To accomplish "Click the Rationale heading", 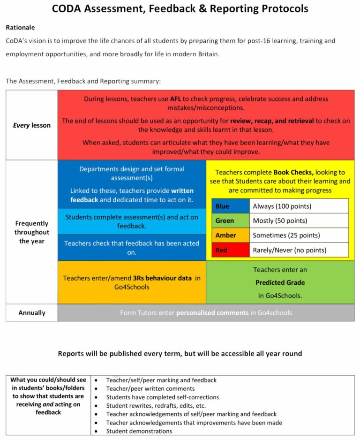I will pos(20,28).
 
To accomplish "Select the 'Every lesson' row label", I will pos(31,125).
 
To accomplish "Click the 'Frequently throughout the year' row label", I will pos(31,232).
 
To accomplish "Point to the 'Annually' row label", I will pos(31,313).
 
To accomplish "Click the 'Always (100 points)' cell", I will pos(299,206).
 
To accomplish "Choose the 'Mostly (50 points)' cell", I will pos(299,220).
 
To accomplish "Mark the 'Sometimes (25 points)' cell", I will pos(299,235).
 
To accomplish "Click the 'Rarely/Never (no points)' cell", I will pos(299,250).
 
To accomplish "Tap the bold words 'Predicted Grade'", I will pos(280,282).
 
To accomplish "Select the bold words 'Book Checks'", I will pos(293,173).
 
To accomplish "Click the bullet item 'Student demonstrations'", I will pos(139,431).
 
